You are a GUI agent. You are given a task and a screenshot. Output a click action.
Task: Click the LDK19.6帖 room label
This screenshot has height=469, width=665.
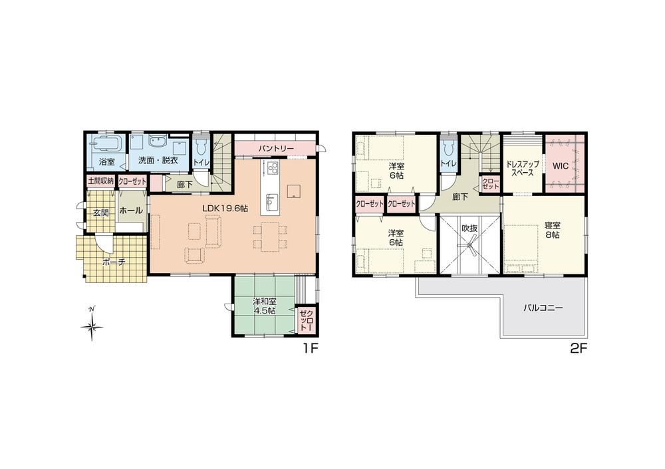tap(225, 208)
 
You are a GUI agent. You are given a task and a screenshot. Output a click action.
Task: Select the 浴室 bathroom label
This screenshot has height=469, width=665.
tap(107, 161)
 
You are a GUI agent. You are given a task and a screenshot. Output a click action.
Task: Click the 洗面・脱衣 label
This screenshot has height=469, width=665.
tap(158, 161)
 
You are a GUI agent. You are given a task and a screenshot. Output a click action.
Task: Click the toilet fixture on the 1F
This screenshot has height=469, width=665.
tap(201, 147)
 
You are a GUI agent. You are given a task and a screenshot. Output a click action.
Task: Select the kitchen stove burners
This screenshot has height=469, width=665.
tap(272, 169)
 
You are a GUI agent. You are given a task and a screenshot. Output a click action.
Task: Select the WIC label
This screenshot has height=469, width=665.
tap(560, 165)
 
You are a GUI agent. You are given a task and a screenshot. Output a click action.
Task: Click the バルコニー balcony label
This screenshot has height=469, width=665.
tap(543, 308)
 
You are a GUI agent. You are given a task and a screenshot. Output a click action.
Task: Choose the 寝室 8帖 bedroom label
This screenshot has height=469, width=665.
tap(552, 230)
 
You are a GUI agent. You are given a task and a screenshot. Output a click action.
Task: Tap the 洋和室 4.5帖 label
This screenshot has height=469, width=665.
tap(265, 306)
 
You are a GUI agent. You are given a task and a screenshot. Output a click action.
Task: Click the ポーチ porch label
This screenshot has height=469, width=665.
tap(114, 262)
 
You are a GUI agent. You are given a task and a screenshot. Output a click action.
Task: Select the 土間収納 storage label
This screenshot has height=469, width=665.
tap(101, 181)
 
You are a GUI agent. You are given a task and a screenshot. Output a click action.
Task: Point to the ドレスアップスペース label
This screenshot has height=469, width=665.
tap(522, 169)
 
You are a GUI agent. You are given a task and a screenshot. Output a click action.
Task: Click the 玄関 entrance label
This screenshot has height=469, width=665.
tap(100, 213)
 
